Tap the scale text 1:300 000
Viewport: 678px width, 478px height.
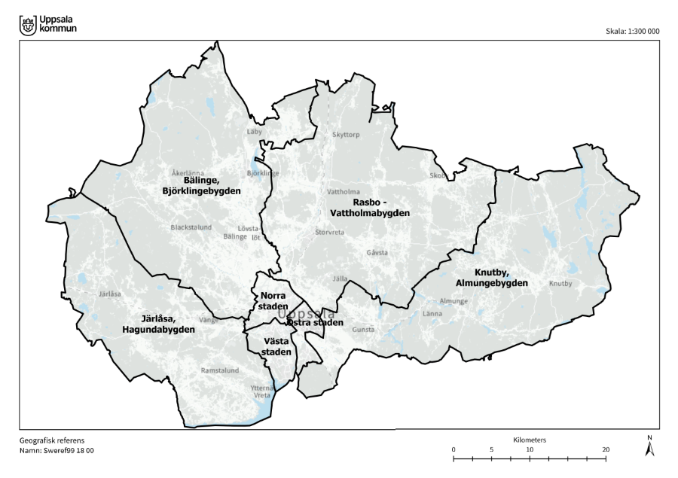point(632,32)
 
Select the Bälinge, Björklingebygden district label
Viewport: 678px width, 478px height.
point(201,186)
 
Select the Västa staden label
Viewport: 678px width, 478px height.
point(272,346)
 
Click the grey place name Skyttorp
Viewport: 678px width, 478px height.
point(347,135)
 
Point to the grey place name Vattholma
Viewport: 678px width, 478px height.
point(343,192)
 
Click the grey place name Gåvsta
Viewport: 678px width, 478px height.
point(377,253)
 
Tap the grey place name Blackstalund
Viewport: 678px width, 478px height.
point(191,227)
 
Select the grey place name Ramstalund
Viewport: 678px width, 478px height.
point(219,370)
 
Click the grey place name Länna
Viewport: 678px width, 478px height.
point(432,313)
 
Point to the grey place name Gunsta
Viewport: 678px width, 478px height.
point(363,330)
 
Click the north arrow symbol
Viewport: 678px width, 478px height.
point(651,447)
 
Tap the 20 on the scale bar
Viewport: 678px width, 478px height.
point(606,449)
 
